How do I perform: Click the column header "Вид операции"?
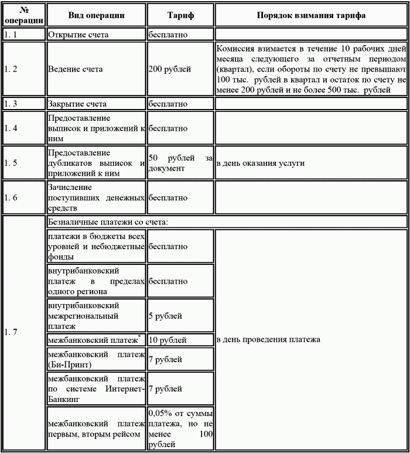point(96,15)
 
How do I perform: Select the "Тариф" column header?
point(180,15)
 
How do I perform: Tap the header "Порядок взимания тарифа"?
point(311,15)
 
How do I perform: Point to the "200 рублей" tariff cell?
point(170,69)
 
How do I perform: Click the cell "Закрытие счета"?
point(77,104)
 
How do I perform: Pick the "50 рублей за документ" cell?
point(180,164)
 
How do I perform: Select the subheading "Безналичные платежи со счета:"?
point(109,222)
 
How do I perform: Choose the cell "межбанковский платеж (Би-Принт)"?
point(96,359)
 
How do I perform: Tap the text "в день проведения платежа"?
point(268,340)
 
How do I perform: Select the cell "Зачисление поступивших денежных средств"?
point(96,198)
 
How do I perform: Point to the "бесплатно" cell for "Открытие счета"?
point(168,35)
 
